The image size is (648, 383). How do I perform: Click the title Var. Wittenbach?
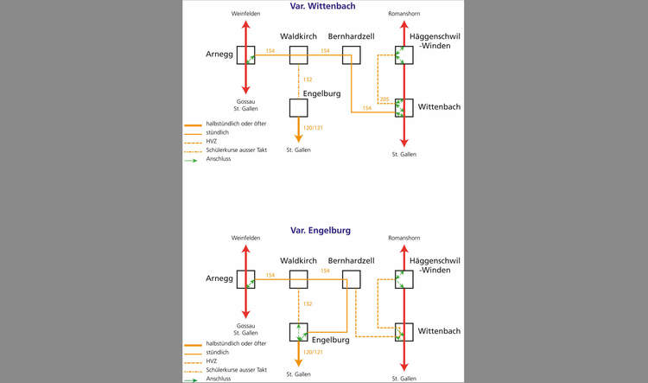tap(322, 6)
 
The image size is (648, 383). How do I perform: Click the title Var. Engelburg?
tap(321, 230)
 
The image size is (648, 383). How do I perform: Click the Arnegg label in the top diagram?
tap(219, 54)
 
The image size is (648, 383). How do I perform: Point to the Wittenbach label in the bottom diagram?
tap(439, 331)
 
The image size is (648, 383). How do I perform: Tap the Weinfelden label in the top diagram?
tap(246, 14)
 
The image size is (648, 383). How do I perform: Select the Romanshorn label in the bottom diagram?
tap(404, 238)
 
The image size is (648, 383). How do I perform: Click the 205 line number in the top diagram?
tap(384, 99)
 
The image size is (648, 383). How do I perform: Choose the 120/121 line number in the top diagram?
tap(313, 128)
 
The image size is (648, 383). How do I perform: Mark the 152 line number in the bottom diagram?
tap(308, 303)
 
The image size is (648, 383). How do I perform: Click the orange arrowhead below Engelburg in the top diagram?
tap(298, 138)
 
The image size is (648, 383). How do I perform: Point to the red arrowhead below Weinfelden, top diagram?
tap(246, 24)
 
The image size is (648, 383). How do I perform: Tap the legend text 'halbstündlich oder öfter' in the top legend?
tap(237, 124)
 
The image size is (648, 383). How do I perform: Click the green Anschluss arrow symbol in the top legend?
tap(191, 161)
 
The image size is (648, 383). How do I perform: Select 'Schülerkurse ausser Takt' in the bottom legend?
tap(237, 370)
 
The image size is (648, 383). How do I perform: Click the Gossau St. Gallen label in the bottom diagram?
tap(246, 329)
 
